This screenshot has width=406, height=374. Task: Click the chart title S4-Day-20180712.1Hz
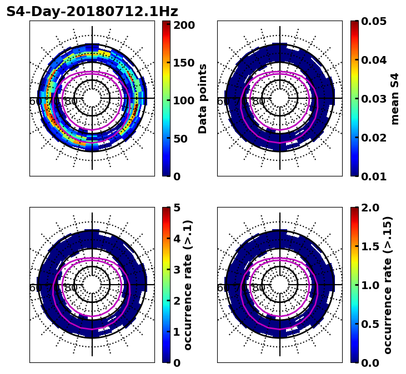pos(92,12)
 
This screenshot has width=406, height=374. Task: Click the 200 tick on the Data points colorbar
pos(184,25)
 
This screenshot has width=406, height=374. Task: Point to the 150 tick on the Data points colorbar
pos(184,63)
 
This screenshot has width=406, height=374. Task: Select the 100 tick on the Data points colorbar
pos(184,100)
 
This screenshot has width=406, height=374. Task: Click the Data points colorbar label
pos(203,99)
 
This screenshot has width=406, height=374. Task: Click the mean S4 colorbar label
pos(395,99)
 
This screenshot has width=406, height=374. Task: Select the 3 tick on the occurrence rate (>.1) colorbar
pos(176,270)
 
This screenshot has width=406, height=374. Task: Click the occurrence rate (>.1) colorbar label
pos(188,285)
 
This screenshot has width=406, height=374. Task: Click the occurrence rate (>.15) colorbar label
pos(388,285)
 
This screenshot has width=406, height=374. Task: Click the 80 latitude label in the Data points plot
pos(71,102)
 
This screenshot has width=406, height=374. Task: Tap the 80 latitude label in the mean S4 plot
pos(259,102)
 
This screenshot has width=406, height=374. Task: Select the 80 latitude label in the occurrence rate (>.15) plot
pos(259,288)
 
